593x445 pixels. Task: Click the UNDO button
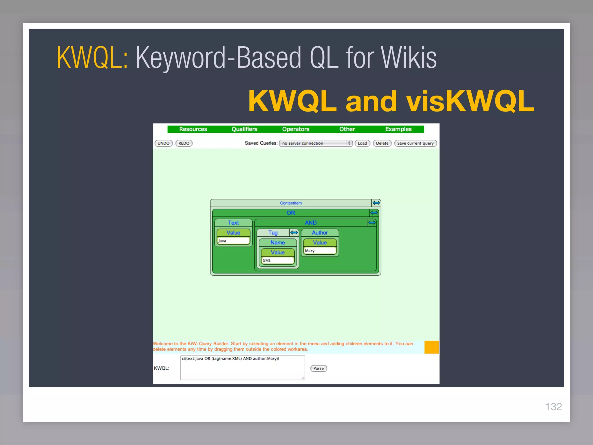pos(164,143)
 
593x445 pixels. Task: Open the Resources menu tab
pos(193,129)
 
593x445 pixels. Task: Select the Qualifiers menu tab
pos(244,129)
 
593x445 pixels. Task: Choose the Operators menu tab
pos(296,129)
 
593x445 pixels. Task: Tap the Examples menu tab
pos(398,129)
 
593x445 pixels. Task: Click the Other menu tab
pos(347,129)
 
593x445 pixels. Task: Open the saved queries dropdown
pos(316,143)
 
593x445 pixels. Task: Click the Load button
pos(362,143)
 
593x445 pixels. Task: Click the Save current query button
pos(415,143)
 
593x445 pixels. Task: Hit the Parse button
pos(319,368)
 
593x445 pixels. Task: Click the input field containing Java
pos(233,241)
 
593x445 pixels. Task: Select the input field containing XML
pos(278,260)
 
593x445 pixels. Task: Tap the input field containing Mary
pos(320,251)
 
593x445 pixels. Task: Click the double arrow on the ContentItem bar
pos(376,203)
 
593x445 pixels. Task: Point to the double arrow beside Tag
pos(294,233)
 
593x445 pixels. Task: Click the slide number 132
pos(553,406)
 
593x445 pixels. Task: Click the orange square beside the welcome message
pos(431,347)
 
